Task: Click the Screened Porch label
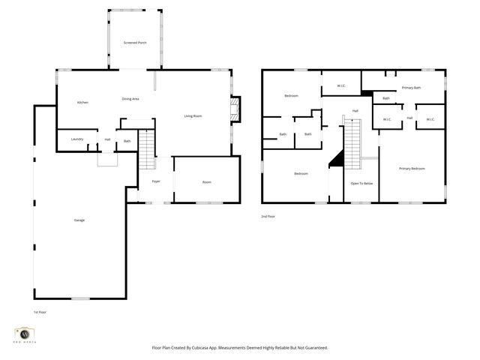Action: point(135,43)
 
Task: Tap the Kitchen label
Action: point(83,102)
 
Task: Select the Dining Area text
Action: point(130,99)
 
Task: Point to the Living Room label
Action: point(193,115)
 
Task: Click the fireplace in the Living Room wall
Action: point(236,109)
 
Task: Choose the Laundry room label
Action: point(76,139)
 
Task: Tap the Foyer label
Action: point(156,181)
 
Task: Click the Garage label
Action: point(79,220)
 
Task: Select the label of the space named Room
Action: point(206,182)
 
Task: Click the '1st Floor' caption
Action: point(40,312)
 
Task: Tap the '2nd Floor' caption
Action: point(268,217)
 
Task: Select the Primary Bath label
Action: point(410,88)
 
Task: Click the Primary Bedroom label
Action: point(412,168)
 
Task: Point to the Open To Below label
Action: point(361,183)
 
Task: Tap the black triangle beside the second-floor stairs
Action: point(338,157)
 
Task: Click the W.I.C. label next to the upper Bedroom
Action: point(341,85)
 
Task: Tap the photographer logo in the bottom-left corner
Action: point(24,334)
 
